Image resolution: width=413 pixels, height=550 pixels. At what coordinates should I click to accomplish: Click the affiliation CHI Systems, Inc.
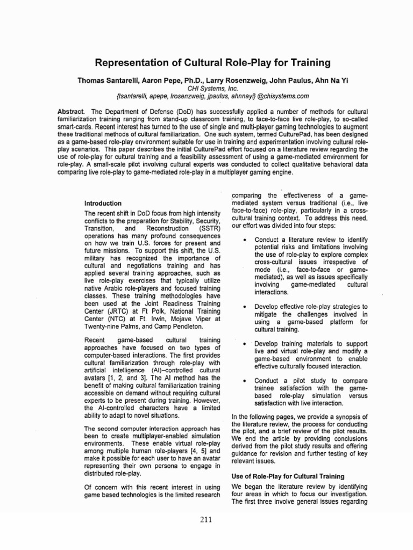pyautogui.click(x=207, y=88)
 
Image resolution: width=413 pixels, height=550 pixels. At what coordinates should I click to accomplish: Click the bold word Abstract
pyautogui.click(x=70, y=111)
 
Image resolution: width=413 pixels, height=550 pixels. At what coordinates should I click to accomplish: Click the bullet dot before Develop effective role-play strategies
pyautogui.click(x=245, y=307)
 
